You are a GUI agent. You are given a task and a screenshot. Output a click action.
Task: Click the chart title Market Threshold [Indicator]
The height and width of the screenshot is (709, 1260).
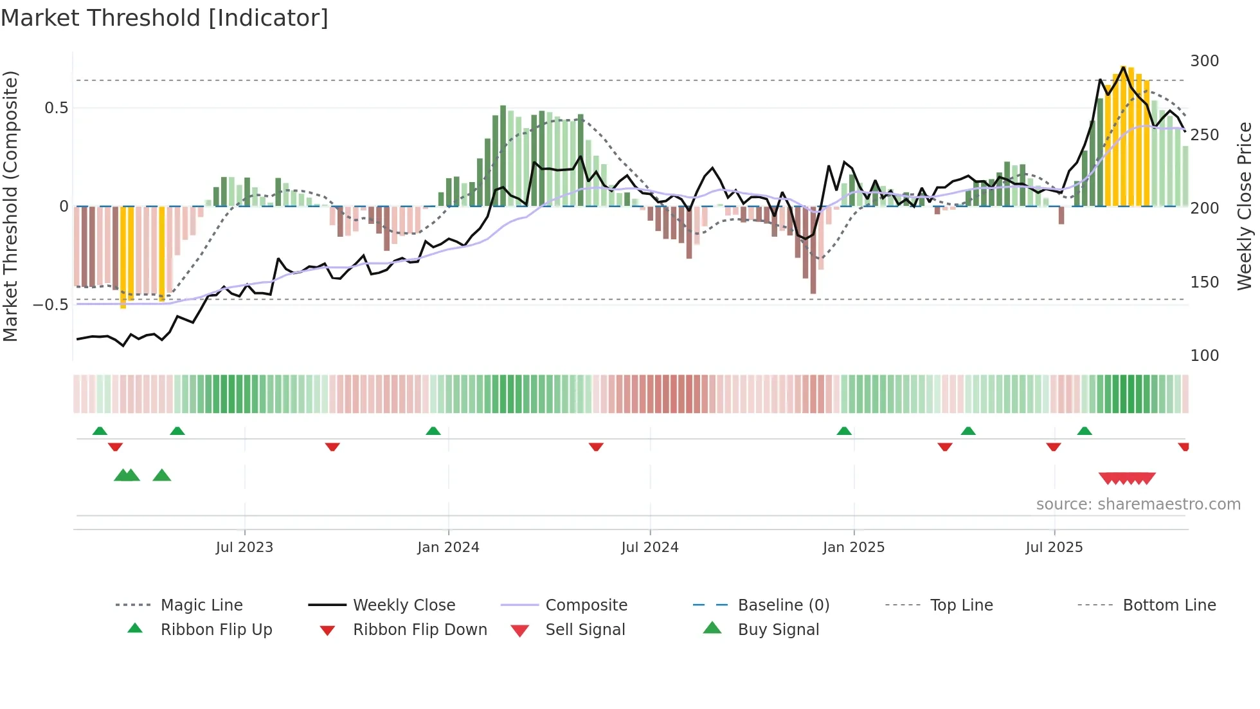pos(165,18)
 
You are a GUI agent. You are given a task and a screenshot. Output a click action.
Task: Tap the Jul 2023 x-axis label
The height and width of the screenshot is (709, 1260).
pos(244,548)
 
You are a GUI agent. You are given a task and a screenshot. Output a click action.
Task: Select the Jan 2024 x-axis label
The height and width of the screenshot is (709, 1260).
pos(448,548)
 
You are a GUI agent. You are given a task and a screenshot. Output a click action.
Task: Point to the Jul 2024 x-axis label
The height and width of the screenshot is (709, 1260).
pos(650,548)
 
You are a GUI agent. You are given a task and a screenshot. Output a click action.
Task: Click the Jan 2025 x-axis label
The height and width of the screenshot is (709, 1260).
pos(854,548)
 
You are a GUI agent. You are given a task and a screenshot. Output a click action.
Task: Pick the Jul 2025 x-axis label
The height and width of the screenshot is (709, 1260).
pos(1054,548)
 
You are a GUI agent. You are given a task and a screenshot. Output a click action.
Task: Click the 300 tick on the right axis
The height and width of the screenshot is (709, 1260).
pos(1204,61)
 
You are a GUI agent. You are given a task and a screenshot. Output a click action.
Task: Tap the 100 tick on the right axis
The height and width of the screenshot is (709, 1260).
pos(1204,356)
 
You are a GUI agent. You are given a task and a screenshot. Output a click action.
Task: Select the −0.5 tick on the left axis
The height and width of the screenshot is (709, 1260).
pos(50,305)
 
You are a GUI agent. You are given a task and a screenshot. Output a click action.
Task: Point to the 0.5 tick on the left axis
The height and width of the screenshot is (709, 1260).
pos(56,108)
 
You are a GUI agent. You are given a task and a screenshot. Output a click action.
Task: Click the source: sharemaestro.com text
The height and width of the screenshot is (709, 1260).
pos(1138,504)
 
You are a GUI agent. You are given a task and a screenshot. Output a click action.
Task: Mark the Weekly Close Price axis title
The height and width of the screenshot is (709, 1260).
pos(1245,206)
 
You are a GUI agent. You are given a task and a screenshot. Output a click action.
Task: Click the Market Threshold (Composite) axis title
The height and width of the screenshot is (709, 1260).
pos(10,206)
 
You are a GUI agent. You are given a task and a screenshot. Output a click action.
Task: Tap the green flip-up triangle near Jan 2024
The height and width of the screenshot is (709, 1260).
pos(433,431)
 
